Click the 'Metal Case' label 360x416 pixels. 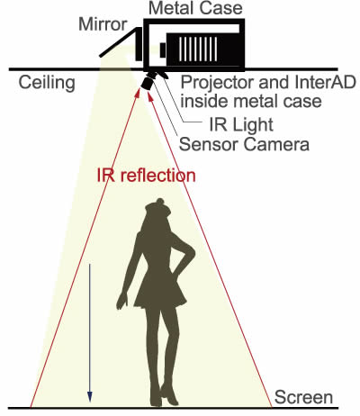pos(195,8)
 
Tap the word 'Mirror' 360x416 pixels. pos(103,24)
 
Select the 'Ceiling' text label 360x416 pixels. pos(47,83)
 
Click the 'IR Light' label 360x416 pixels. pos(241,124)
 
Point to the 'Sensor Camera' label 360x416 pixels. pos(244,144)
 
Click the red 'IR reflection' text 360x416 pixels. pos(146,176)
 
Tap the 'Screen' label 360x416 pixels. pos(303,397)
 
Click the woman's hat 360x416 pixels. pos(158,208)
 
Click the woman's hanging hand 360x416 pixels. pos(121,301)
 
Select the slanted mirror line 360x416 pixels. pos(120,42)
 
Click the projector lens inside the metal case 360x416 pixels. pos(163,50)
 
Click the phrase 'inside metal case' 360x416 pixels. pos(251,102)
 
